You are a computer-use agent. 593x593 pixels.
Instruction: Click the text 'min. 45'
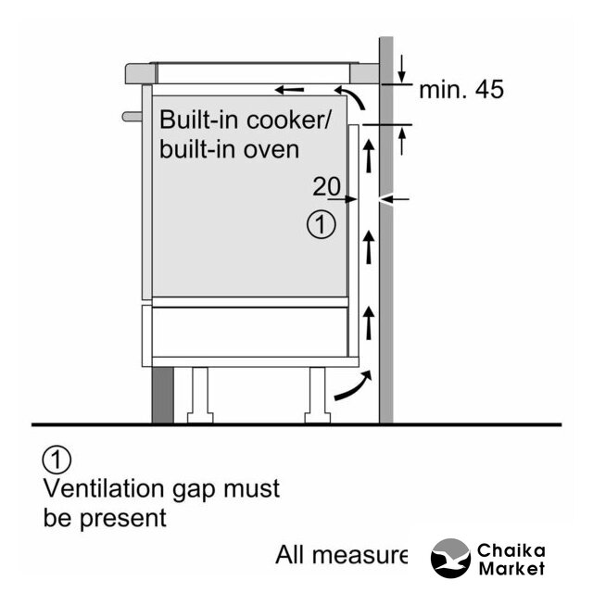coord(461,91)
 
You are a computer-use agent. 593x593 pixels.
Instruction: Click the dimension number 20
coord(327,185)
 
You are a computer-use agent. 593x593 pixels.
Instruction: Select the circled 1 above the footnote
coord(57,459)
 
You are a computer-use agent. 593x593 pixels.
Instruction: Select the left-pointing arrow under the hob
coord(289,90)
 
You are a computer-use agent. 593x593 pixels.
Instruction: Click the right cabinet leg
coord(316,395)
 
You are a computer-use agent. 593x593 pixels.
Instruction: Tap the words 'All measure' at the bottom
coord(341,555)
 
